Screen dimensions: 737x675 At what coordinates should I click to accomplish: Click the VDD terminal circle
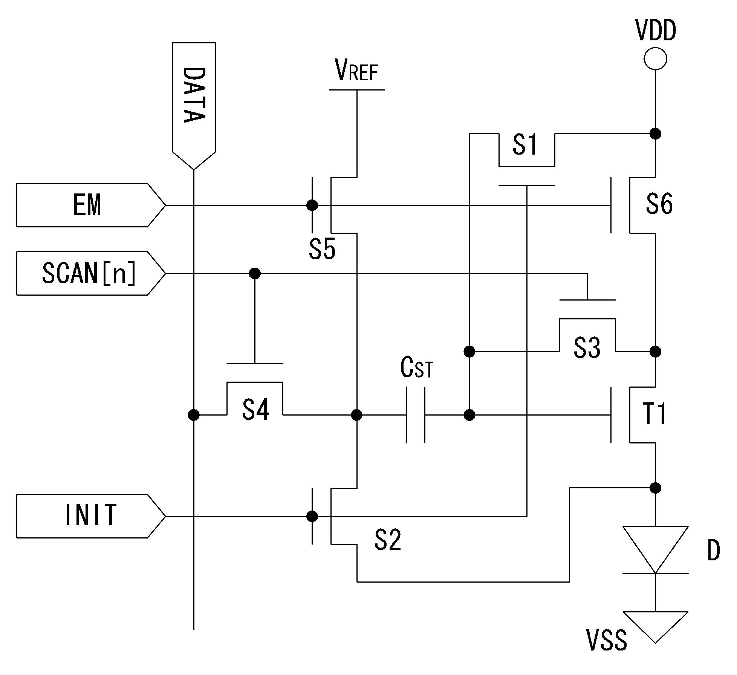click(x=655, y=58)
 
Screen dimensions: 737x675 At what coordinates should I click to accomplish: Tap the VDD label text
click(x=656, y=31)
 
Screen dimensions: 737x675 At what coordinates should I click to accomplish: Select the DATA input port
click(x=194, y=106)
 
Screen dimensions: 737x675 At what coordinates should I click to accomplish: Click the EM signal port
click(x=91, y=205)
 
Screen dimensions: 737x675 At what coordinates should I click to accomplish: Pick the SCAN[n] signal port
click(x=91, y=273)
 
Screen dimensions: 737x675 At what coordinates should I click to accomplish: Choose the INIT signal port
click(x=91, y=516)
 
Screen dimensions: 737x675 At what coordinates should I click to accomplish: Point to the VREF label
click(x=356, y=71)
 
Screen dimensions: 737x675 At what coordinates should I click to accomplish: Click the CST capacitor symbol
click(x=416, y=415)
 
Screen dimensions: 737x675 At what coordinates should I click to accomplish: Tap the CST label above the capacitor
click(x=417, y=368)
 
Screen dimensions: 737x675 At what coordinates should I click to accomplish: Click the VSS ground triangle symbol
click(x=655, y=627)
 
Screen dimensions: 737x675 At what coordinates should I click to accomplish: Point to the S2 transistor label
click(x=388, y=540)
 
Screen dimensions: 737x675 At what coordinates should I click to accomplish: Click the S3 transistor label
click(x=587, y=347)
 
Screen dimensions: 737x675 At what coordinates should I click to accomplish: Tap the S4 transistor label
click(x=255, y=410)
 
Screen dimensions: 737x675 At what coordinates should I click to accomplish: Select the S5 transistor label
click(x=322, y=249)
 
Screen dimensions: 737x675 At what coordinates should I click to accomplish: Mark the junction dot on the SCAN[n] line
click(x=255, y=273)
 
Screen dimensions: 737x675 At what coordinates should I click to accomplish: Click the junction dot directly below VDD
click(x=655, y=133)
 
